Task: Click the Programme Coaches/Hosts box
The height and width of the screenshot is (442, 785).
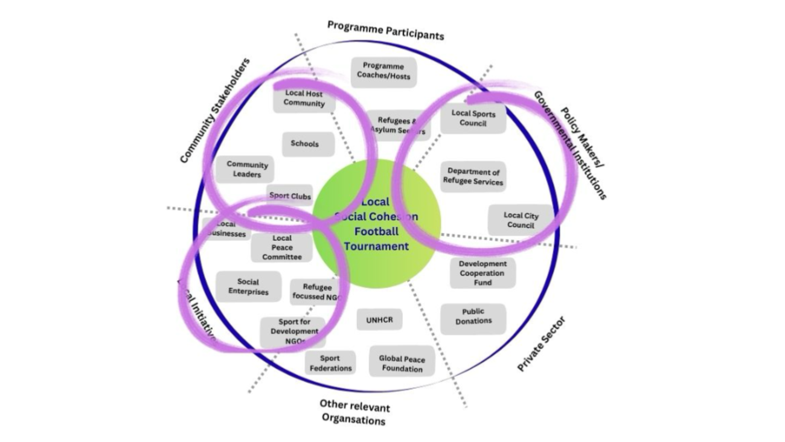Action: [x=383, y=71]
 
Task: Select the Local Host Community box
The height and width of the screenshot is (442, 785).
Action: [x=304, y=98]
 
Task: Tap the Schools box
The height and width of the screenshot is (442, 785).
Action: [x=304, y=144]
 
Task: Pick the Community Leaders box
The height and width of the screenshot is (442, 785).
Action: [x=247, y=170]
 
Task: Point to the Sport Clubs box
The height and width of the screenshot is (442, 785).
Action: [x=290, y=196]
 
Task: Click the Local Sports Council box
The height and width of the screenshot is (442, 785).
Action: [x=473, y=118]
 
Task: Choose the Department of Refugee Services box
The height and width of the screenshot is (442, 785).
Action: [x=473, y=177]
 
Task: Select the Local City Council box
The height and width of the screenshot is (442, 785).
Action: [x=521, y=220]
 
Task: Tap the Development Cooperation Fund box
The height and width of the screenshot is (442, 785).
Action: [x=482, y=273]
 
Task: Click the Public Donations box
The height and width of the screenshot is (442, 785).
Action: [x=473, y=316]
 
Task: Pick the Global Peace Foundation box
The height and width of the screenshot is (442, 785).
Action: [x=402, y=364]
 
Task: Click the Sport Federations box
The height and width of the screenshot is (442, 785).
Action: [x=330, y=364]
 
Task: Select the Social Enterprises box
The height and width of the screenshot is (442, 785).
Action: [x=248, y=287]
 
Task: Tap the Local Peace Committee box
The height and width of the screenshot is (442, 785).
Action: [x=281, y=248]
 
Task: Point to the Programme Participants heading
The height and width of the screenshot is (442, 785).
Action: [x=385, y=30]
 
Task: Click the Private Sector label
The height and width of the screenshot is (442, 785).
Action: [x=541, y=344]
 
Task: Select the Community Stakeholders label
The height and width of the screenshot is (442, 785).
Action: [x=215, y=111]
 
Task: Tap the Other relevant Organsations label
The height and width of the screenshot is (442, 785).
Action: [x=354, y=412]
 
